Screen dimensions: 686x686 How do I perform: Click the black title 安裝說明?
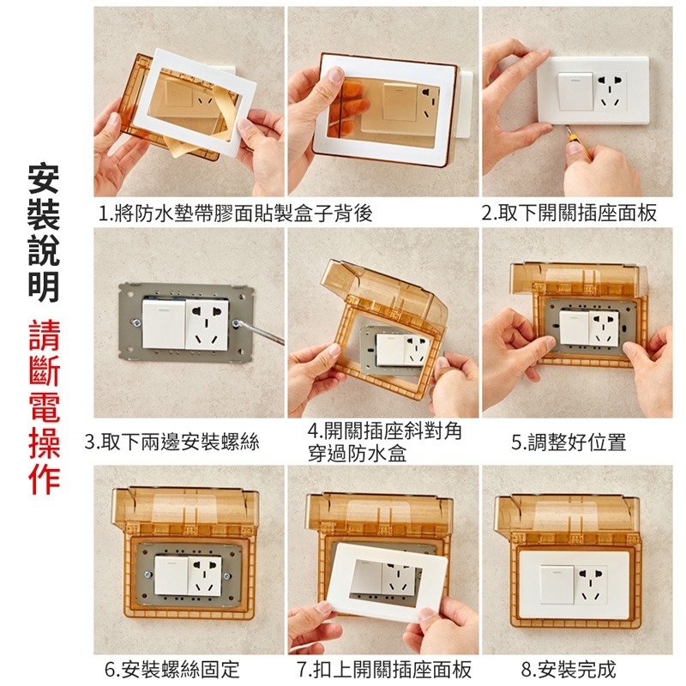coord(44,232)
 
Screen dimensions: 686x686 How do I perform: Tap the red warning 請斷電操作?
coord(45,407)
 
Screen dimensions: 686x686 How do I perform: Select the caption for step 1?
coord(235,213)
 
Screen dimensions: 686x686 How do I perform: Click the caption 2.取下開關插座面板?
coord(569,213)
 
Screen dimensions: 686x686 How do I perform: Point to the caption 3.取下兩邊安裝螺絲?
coord(172,442)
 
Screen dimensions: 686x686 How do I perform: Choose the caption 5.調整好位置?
coord(569,442)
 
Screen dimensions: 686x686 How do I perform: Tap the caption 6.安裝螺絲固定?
coord(172,670)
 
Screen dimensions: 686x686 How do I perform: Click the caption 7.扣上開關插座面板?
coord(384,670)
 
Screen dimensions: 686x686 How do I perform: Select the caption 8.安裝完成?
coord(569,670)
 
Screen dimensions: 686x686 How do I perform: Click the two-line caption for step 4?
coord(384,442)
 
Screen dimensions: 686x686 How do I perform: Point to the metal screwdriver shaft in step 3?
coord(261,332)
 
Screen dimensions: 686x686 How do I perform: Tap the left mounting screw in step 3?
coord(136,323)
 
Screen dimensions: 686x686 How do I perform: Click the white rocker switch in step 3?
coord(164,323)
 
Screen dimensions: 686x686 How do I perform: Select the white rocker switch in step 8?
coord(558,585)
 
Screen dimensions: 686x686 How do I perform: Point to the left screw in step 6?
coord(148,574)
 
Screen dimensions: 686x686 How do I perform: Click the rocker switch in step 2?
coord(575,92)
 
